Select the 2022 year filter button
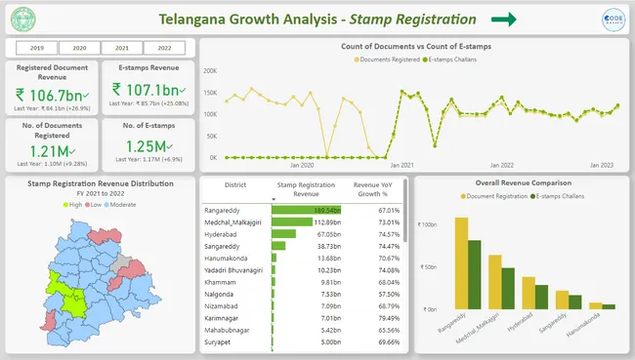[x=164, y=47]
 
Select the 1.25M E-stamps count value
[x=150, y=149]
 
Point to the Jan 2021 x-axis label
[x=402, y=166]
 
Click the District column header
[x=234, y=186]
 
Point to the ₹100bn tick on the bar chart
[x=428, y=223]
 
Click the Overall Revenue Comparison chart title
[x=518, y=182]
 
